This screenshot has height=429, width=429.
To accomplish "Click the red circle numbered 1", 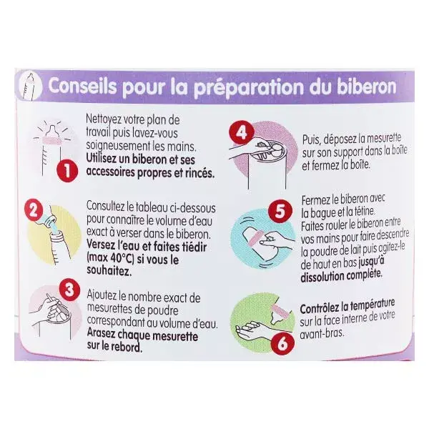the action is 67,171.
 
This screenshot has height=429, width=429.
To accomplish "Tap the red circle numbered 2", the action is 34,211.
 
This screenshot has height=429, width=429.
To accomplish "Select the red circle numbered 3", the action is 69,290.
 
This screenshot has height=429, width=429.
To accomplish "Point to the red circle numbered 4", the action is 241,133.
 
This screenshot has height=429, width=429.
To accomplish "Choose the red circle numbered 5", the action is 280,211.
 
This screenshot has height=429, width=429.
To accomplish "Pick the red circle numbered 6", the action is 283,343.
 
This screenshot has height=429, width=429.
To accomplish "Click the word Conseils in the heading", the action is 83,87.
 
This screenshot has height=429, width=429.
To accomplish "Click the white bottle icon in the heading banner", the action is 29,87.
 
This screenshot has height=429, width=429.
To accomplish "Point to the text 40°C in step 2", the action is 122,259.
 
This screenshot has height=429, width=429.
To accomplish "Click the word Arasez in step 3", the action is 102,335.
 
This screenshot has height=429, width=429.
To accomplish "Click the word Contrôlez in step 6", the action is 318,309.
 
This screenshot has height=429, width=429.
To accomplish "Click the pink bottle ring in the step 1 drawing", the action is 53,140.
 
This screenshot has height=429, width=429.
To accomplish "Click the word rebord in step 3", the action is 127,347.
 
